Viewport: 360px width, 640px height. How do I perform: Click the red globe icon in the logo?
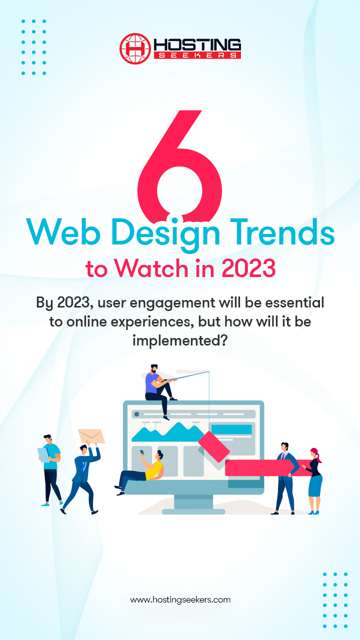[x=135, y=48]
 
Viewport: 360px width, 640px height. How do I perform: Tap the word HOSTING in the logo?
[x=197, y=45]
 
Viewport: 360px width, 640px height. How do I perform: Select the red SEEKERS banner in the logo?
[x=197, y=55]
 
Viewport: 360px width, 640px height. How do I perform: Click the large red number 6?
[x=179, y=165]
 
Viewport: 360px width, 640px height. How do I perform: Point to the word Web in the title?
[x=63, y=231]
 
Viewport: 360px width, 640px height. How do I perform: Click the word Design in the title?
[x=165, y=234]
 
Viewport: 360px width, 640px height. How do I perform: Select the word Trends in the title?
[x=283, y=231]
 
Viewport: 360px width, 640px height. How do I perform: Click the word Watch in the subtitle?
[x=151, y=268]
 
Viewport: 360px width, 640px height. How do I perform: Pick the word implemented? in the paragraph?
[x=180, y=341]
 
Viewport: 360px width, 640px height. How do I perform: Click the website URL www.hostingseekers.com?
[x=180, y=599]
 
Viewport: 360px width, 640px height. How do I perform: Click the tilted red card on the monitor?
[x=213, y=446]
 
